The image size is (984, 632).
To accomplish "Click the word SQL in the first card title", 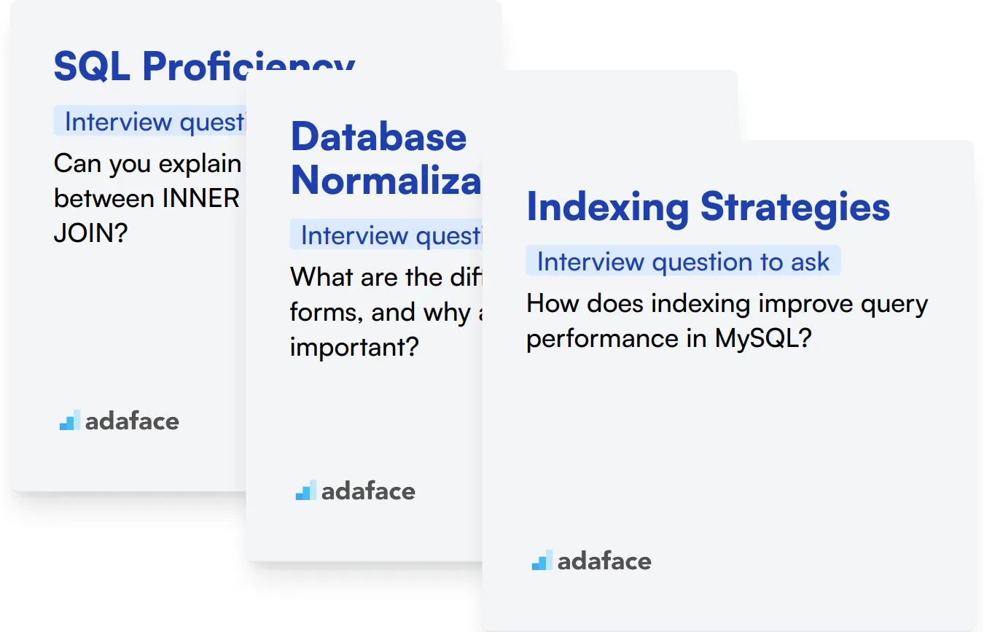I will click(93, 67).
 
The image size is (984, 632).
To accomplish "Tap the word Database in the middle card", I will click(378, 136).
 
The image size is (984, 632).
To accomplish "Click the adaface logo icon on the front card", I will click(541, 561).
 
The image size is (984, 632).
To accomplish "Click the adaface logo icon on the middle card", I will click(305, 491).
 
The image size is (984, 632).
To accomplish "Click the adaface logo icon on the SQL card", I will click(70, 421).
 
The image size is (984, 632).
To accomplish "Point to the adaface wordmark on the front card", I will click(604, 561).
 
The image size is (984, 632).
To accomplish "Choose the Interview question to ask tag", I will click(683, 262).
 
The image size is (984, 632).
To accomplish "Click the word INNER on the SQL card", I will click(193, 198).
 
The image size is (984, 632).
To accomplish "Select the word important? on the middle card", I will click(354, 347).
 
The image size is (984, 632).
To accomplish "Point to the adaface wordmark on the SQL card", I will click(132, 421).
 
